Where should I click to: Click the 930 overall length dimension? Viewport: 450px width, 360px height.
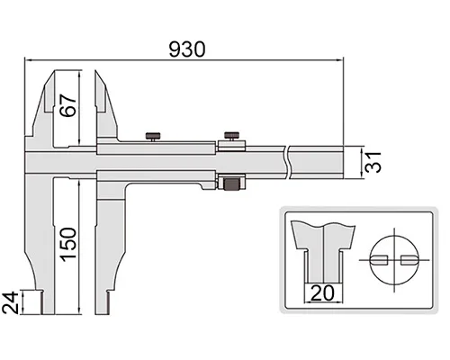187,49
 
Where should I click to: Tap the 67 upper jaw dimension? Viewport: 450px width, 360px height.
67,105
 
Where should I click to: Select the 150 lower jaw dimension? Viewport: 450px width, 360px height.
67,245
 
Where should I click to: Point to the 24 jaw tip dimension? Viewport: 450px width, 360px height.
10,302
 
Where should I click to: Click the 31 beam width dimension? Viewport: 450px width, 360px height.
373,162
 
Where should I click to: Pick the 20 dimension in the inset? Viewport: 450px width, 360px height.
322,292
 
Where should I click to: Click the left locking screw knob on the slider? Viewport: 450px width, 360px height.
153,137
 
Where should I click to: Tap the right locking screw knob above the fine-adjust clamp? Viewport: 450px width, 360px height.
231,136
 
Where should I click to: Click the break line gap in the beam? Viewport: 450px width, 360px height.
287,162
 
